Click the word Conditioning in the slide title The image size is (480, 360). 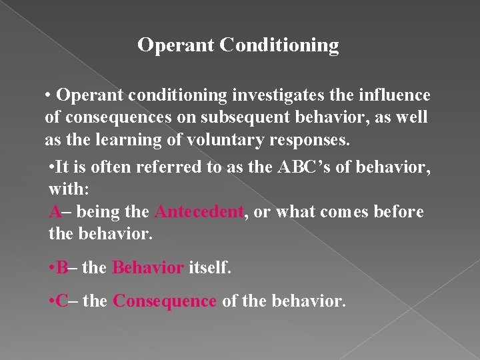tap(279, 45)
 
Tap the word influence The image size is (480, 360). tap(395, 96)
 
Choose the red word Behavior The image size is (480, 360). tap(148, 268)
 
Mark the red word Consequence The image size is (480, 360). tap(165, 301)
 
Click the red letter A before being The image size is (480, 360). tap(55, 212)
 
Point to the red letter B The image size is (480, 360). tap(63, 268)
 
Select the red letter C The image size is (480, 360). tap(63, 301)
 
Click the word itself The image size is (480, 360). tap(210, 268)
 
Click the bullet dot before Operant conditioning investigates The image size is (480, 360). tap(49, 96)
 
